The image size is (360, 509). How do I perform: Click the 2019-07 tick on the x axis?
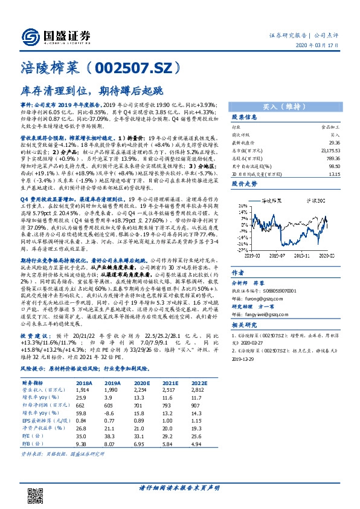point(275,256)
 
